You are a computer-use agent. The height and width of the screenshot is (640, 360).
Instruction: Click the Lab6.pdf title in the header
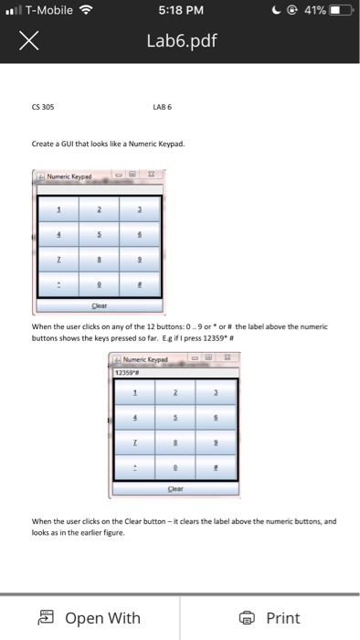(180, 41)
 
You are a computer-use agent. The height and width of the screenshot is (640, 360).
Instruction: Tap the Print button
(270, 618)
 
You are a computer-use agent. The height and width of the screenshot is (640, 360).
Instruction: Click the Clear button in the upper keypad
(100, 306)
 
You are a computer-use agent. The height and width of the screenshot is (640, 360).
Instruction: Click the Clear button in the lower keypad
(174, 488)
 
